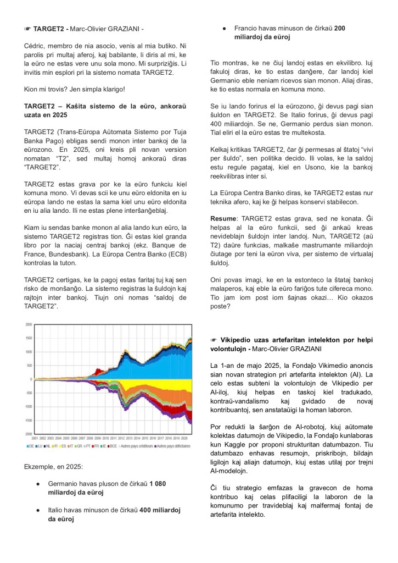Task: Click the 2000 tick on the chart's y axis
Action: coord(29,324)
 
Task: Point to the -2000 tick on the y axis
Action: coord(28,434)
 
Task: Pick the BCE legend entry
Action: coord(113,445)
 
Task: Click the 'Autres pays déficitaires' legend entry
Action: coord(172,445)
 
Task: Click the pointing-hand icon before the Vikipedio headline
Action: coord(214,341)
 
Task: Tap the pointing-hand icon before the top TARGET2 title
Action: coord(27,27)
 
